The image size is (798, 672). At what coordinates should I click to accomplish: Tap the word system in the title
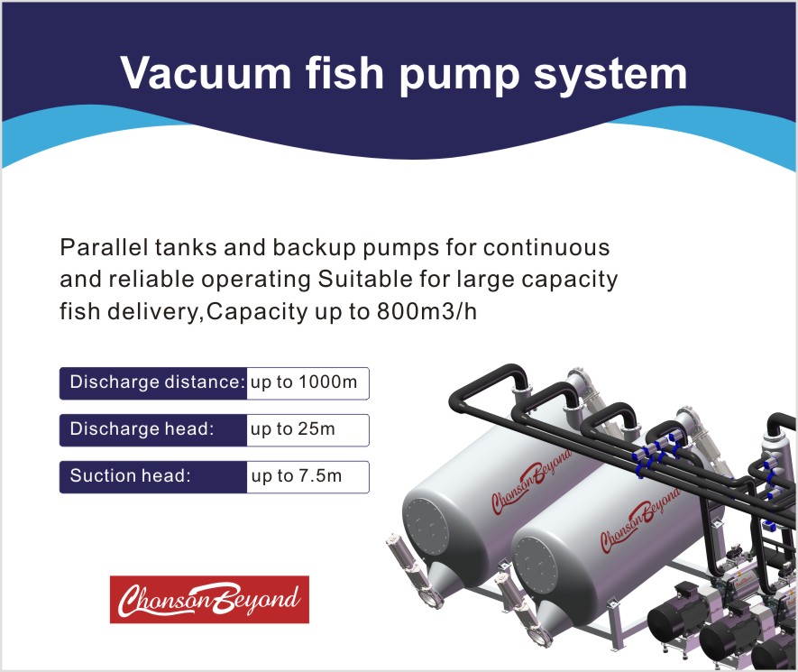(x=610, y=76)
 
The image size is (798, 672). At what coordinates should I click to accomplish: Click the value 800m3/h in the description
(x=427, y=311)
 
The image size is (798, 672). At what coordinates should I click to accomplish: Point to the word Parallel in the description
(x=105, y=247)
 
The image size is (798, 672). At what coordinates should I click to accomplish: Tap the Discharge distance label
(x=158, y=382)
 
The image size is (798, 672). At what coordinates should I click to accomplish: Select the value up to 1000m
(x=304, y=382)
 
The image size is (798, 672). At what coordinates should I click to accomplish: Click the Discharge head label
(x=142, y=428)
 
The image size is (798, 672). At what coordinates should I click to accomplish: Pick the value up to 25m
(x=293, y=429)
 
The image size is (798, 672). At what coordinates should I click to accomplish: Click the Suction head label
(x=130, y=475)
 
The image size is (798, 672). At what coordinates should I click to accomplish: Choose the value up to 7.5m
(x=296, y=476)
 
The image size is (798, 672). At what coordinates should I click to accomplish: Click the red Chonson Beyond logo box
(x=210, y=599)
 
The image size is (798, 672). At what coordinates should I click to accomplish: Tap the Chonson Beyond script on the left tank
(x=532, y=482)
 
